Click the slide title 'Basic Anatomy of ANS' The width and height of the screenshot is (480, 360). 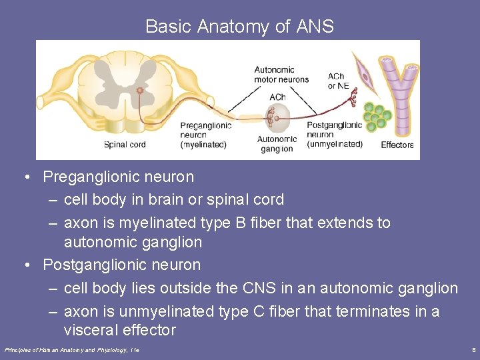click(239, 27)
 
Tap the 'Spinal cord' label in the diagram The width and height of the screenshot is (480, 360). click(125, 145)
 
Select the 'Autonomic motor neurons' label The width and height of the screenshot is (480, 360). click(281, 74)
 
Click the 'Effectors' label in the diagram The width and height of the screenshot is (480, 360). click(397, 145)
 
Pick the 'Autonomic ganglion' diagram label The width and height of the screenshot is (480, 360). click(277, 143)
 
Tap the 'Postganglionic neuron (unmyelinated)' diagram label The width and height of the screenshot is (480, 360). click(335, 135)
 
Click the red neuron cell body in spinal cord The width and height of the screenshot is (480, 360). click(140, 90)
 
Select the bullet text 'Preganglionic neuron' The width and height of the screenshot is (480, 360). click(118, 177)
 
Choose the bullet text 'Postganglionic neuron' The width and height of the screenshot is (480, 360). click(121, 265)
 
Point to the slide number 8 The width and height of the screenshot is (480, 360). click(473, 350)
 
